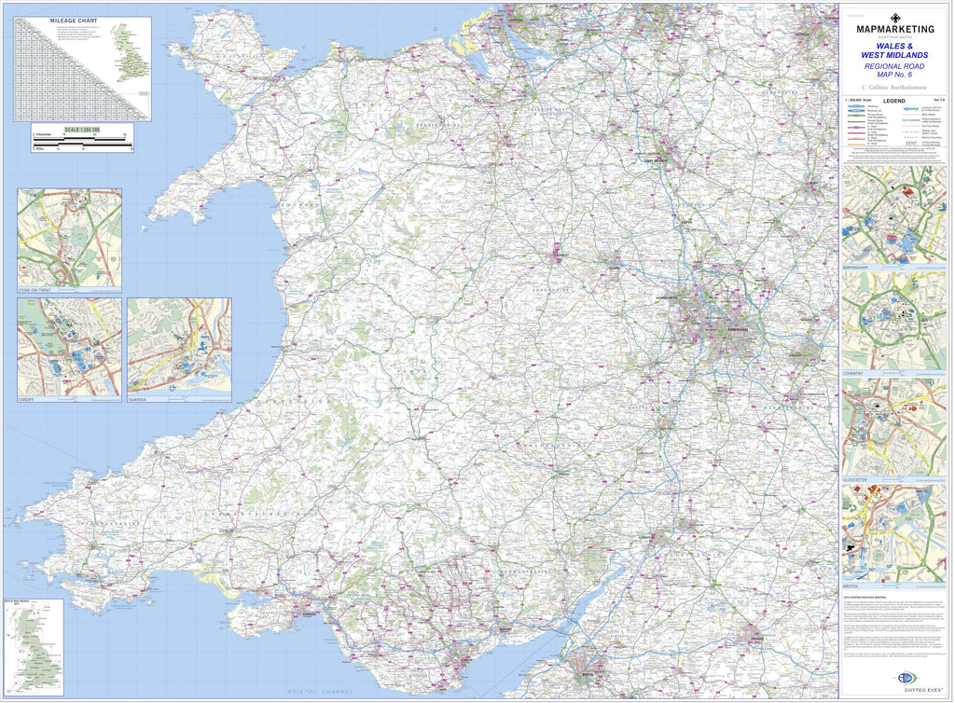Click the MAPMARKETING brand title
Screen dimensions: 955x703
click(894, 29)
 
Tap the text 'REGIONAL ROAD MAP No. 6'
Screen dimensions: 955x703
click(894, 73)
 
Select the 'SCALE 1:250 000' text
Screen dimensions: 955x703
click(82, 129)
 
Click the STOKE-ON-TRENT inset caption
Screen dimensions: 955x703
click(39, 291)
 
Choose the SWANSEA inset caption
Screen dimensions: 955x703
click(138, 399)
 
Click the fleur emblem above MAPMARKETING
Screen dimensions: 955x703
click(894, 17)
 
